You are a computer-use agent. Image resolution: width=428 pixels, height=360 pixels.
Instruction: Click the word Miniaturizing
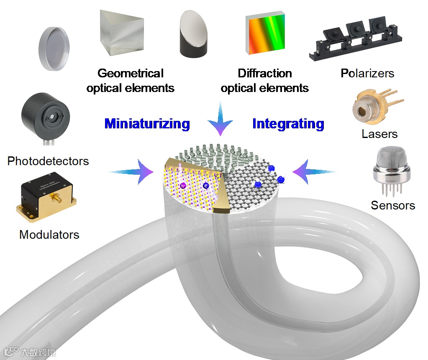pos(147,124)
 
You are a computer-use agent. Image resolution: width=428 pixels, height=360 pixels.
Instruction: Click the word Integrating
pos(288,124)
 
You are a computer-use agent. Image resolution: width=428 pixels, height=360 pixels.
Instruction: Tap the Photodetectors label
pos(48,161)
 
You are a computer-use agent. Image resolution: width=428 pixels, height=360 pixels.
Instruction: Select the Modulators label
pos(49,234)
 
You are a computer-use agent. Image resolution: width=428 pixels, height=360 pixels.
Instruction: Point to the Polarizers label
pos(367,74)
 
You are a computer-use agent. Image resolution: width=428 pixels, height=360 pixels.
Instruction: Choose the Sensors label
pos(393,205)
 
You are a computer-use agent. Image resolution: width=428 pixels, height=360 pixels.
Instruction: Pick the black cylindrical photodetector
pos(45,119)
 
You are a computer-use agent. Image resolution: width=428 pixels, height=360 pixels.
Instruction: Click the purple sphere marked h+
pos(183,185)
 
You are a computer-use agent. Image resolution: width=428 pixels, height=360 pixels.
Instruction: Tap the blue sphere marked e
pos(206,185)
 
